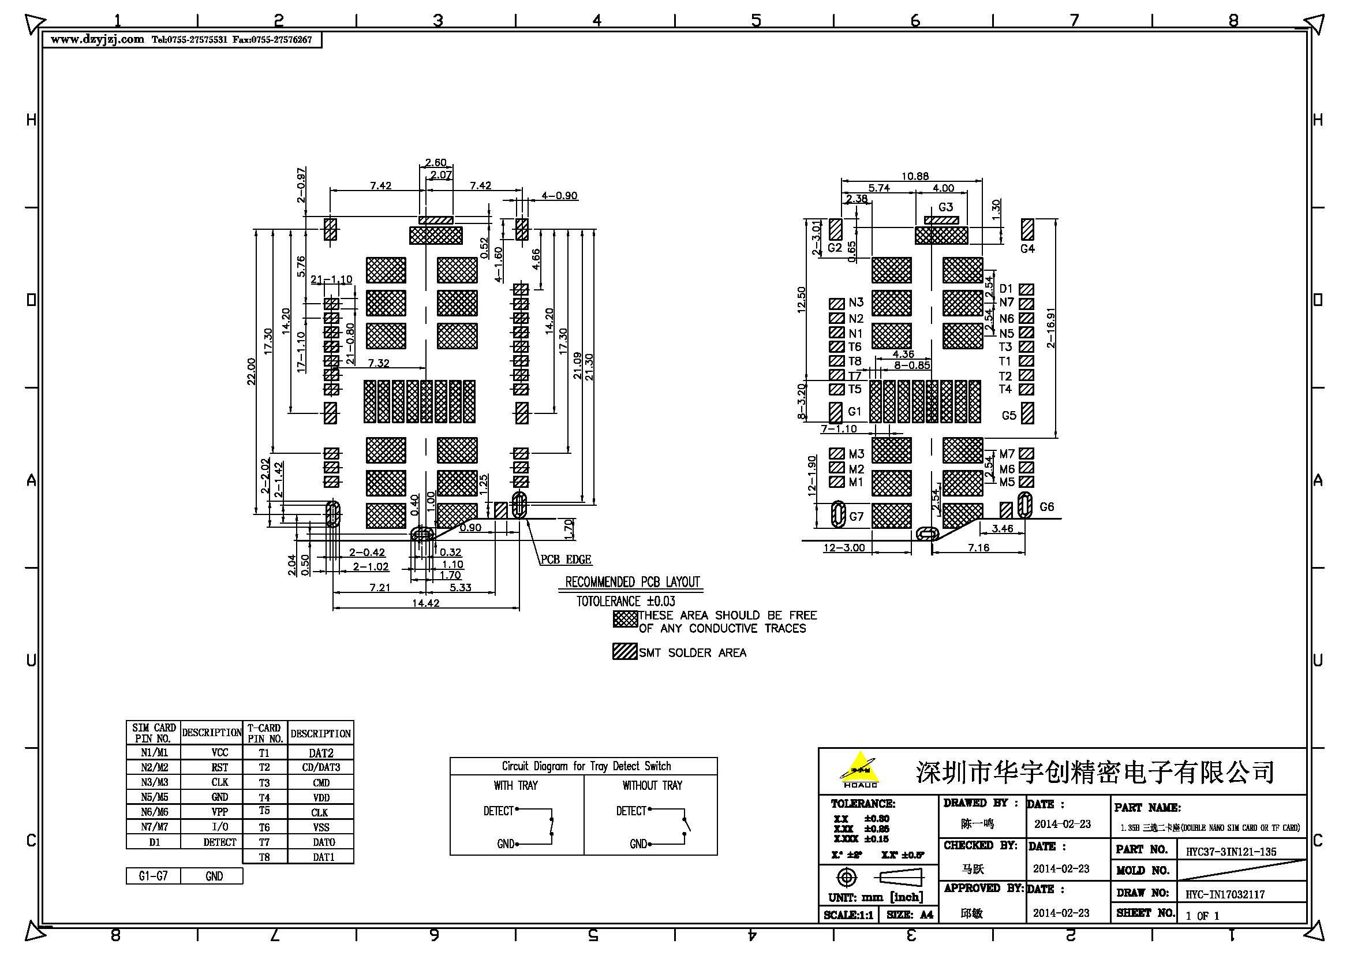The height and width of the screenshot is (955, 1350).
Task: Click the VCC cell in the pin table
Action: pyautogui.click(x=219, y=753)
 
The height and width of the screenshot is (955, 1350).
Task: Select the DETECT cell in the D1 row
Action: pyautogui.click(x=219, y=842)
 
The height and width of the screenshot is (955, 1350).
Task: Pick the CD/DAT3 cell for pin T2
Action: pyautogui.click(x=321, y=767)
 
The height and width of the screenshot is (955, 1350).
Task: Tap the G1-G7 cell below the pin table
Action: pyautogui.click(x=153, y=876)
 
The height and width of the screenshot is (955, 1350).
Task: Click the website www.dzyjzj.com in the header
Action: pyautogui.click(x=97, y=39)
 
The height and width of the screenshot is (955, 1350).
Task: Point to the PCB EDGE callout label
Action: pyautogui.click(x=566, y=559)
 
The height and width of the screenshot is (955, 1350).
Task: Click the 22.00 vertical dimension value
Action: pyautogui.click(x=252, y=371)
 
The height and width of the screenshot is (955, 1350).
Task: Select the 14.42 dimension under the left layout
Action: pyautogui.click(x=425, y=603)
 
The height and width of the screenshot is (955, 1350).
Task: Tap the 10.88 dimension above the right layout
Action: pyautogui.click(x=915, y=176)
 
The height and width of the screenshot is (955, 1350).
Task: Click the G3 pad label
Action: pyautogui.click(x=945, y=207)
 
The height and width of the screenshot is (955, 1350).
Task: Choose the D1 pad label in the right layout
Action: pyautogui.click(x=1006, y=289)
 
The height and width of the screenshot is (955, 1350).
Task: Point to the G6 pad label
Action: pyautogui.click(x=1046, y=507)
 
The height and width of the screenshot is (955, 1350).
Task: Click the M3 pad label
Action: pyautogui.click(x=856, y=454)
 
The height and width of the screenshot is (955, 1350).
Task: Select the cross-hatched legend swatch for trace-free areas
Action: pyautogui.click(x=625, y=619)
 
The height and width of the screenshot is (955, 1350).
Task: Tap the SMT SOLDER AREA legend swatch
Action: pyautogui.click(x=625, y=651)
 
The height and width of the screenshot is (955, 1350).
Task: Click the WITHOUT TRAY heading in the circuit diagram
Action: pyautogui.click(x=652, y=786)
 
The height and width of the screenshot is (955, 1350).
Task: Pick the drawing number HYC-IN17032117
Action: pyautogui.click(x=1225, y=894)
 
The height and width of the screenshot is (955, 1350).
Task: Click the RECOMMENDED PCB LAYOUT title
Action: pyautogui.click(x=632, y=582)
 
